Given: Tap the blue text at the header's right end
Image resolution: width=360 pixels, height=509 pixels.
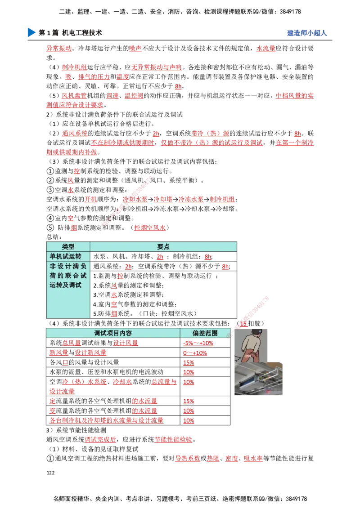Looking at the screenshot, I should click(306, 33).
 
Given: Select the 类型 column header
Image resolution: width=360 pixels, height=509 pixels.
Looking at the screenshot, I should click(68, 247).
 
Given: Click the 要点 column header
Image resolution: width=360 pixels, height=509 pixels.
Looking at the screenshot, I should click(163, 247).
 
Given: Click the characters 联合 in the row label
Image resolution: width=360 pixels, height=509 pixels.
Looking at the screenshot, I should click(72, 276).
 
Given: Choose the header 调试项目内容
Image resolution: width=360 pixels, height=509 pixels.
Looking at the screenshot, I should click(112, 333).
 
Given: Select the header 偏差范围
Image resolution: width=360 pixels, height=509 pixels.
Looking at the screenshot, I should click(205, 333).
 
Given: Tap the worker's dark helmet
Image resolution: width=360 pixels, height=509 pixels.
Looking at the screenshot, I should click(257, 331).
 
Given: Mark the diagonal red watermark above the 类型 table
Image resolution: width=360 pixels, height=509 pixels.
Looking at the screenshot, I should click(127, 201).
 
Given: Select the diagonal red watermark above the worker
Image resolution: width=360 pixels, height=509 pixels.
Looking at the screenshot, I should click(253, 310).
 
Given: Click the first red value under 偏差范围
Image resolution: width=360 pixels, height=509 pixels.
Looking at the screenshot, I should click(198, 344).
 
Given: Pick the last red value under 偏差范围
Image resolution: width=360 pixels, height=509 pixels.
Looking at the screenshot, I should click(189, 421).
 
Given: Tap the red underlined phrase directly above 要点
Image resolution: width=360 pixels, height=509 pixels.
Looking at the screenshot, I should click(150, 228).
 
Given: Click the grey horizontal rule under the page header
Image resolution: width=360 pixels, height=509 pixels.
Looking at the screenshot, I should click(180, 41).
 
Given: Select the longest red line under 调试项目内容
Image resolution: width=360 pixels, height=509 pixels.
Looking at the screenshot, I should click(106, 421).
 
